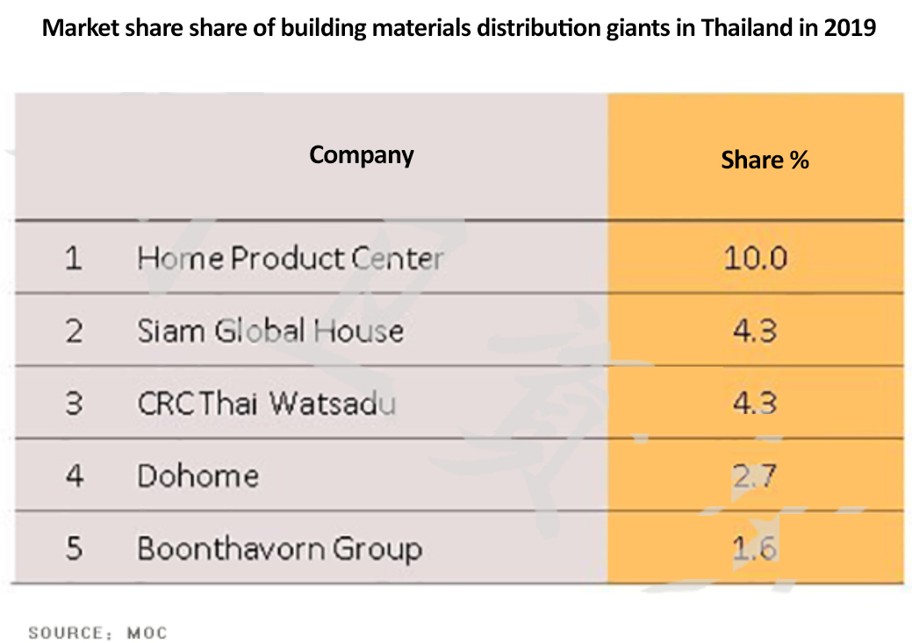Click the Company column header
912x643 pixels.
tap(362, 155)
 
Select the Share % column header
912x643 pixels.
tap(765, 160)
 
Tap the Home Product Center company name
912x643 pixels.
tap(290, 259)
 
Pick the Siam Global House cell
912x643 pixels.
tap(270, 331)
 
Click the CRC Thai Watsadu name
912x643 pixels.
tap(266, 404)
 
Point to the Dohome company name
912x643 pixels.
tap(197, 476)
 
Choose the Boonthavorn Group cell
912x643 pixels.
tap(279, 549)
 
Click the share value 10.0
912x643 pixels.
tap(755, 259)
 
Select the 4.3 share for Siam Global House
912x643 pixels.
tap(755, 331)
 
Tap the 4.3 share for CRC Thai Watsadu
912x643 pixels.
tap(755, 404)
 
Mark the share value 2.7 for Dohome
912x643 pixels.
tap(755, 476)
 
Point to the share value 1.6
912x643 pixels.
tap(755, 549)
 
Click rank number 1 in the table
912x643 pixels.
tap(74, 259)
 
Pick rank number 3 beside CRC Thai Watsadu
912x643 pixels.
tap(74, 404)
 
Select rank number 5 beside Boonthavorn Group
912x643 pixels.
tap(74, 549)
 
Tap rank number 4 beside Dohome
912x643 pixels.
tap(74, 476)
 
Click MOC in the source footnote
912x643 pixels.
tap(147, 632)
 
